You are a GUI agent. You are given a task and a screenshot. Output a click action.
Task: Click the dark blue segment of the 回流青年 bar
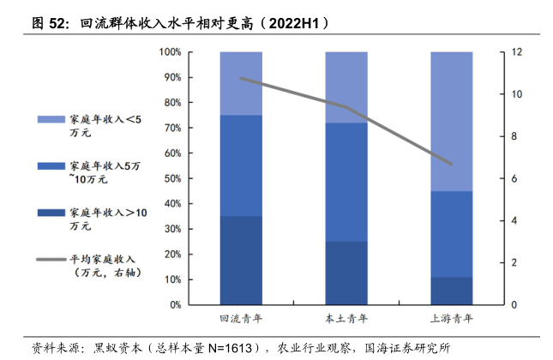click(x=241, y=260)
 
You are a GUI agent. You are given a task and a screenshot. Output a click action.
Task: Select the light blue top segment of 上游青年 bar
click(x=451, y=121)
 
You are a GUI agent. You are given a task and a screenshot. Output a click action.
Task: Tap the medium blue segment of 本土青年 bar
click(x=346, y=182)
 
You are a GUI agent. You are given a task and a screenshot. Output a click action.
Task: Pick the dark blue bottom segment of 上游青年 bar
click(x=451, y=291)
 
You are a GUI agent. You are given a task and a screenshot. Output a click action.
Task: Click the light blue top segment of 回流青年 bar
click(x=241, y=83)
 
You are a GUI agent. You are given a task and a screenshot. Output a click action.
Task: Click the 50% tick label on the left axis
click(x=171, y=178)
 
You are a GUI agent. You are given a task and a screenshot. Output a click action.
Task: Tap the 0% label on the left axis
click(x=173, y=305)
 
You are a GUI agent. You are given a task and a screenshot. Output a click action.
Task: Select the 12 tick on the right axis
click(x=516, y=52)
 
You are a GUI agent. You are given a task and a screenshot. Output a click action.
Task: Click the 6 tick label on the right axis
click(x=516, y=178)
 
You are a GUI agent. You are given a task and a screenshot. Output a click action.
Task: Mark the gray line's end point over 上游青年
click(x=451, y=164)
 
